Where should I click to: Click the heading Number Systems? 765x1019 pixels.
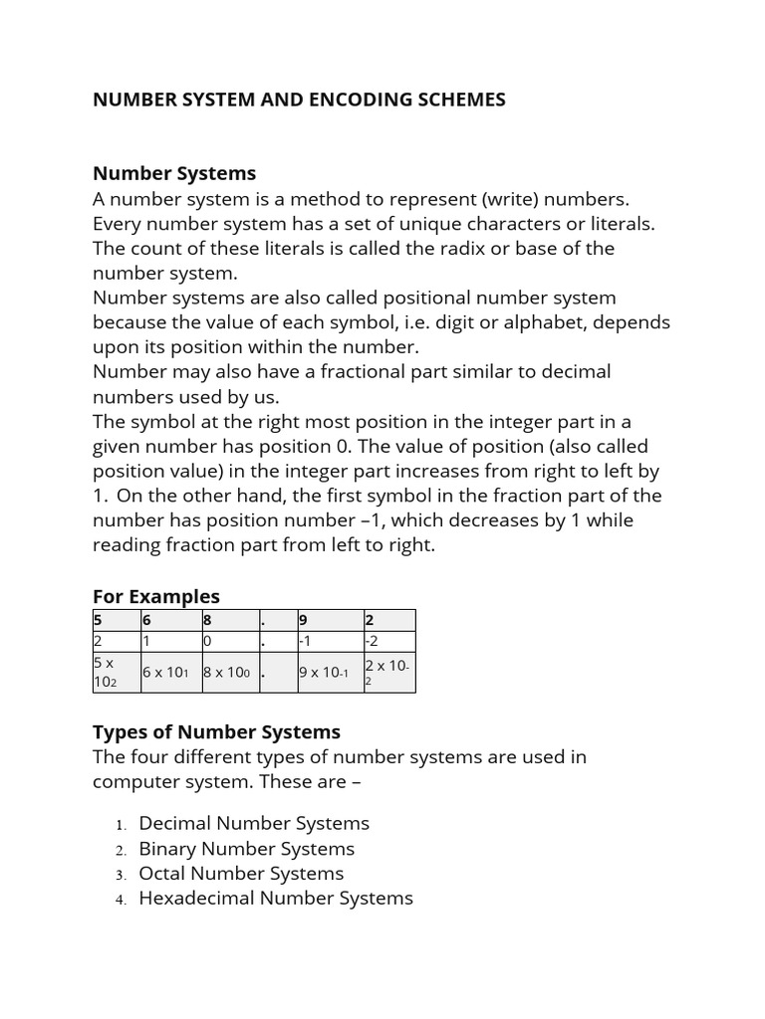click(174, 173)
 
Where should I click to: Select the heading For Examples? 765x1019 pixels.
click(156, 596)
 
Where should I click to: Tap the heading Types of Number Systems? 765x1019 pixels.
click(216, 731)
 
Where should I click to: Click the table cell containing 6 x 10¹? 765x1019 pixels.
click(165, 672)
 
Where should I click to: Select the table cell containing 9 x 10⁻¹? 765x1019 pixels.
click(325, 672)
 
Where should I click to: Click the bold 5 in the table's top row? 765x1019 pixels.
click(98, 620)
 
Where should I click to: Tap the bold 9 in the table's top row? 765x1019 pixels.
click(303, 620)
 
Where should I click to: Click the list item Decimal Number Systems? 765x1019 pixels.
click(254, 823)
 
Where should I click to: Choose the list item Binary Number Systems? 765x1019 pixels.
click(246, 849)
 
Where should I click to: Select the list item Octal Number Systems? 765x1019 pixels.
click(241, 874)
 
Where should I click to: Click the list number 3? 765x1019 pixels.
click(120, 875)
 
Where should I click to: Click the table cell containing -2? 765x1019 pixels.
click(373, 642)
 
